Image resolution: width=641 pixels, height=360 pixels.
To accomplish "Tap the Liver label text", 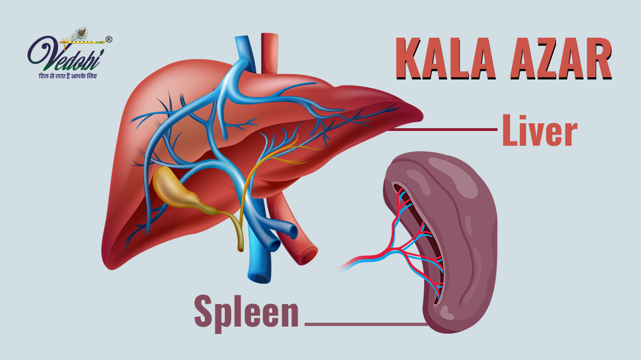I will tap(540, 131).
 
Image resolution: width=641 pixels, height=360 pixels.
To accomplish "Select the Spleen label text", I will tap(247, 310).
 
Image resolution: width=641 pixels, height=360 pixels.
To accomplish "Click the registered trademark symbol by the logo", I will tap(108, 39).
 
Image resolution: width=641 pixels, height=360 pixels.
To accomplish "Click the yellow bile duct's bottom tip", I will tap(241, 249).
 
